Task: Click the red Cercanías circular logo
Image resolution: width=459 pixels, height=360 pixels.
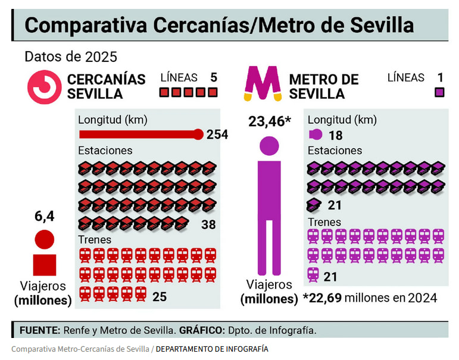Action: pyautogui.click(x=44, y=87)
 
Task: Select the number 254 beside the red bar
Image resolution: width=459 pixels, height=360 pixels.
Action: pyautogui.click(x=217, y=134)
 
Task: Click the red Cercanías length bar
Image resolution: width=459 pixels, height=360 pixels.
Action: pyautogui.click(x=140, y=134)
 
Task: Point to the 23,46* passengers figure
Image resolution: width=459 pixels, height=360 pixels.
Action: pyautogui.click(x=270, y=121)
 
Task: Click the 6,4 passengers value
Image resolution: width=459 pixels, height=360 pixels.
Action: pyautogui.click(x=44, y=217)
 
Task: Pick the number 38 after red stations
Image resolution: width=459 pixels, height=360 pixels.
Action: pyautogui.click(x=208, y=225)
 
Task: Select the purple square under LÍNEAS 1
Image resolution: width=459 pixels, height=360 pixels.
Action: pyautogui.click(x=440, y=92)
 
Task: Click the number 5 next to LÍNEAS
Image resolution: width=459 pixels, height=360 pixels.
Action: pyautogui.click(x=213, y=77)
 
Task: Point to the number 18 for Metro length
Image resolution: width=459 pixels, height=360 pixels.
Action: pyautogui.click(x=335, y=135)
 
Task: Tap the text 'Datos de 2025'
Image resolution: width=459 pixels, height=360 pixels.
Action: pyautogui.click(x=71, y=57)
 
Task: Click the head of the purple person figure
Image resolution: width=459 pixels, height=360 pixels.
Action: pyautogui.click(x=269, y=146)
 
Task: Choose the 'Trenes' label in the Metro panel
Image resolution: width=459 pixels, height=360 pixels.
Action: pyautogui.click(x=324, y=222)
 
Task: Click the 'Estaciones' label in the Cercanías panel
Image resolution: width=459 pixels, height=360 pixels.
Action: pyautogui.click(x=105, y=151)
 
